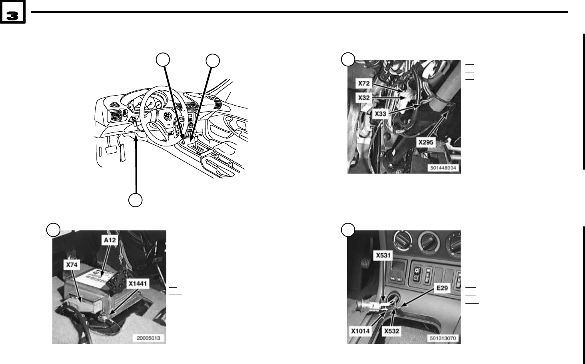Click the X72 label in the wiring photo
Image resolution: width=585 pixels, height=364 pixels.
[x=364, y=84]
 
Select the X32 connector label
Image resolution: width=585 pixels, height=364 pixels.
[x=363, y=97]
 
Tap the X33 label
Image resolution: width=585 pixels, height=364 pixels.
[x=380, y=114]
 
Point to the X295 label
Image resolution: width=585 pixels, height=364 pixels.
[x=426, y=142]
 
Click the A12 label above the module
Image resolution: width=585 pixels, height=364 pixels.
[x=109, y=240]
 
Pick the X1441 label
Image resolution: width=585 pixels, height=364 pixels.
[x=138, y=284]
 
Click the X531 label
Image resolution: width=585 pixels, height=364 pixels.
[x=383, y=255]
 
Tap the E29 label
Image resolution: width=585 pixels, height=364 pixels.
[x=441, y=288]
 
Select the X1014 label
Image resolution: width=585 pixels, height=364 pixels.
[x=361, y=331]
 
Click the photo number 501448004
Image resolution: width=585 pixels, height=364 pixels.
[x=443, y=168]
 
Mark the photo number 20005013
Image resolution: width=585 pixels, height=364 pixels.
[x=148, y=338]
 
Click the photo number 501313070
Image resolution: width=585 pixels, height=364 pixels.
[x=443, y=338]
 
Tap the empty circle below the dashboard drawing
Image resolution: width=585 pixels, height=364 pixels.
[x=136, y=200]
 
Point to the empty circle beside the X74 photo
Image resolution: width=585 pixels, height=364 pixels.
[x=53, y=230]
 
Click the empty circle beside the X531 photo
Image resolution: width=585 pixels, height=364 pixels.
[x=347, y=230]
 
